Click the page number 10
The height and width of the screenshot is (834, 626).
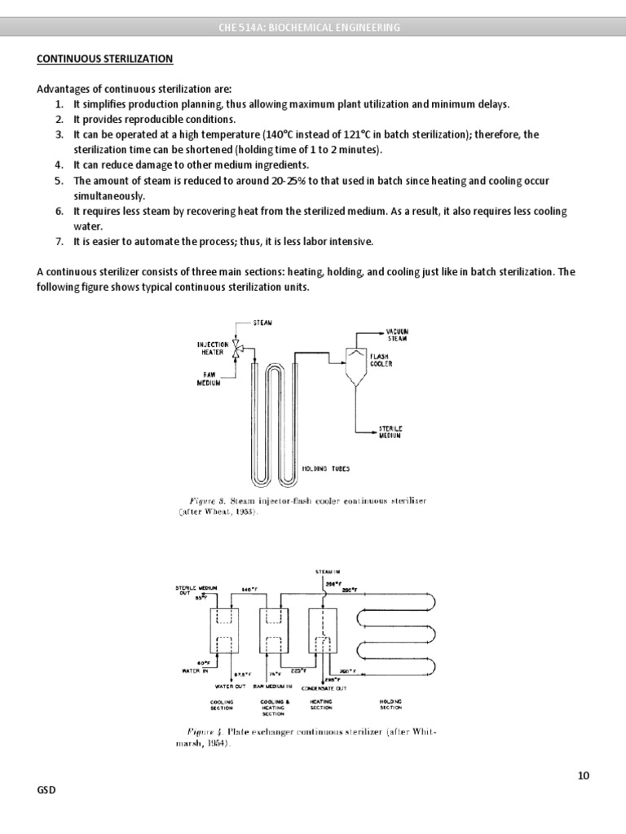click(x=584, y=775)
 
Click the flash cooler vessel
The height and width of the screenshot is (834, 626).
click(x=354, y=367)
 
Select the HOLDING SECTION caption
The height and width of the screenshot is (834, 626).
click(x=391, y=705)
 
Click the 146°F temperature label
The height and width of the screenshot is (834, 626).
click(x=249, y=589)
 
